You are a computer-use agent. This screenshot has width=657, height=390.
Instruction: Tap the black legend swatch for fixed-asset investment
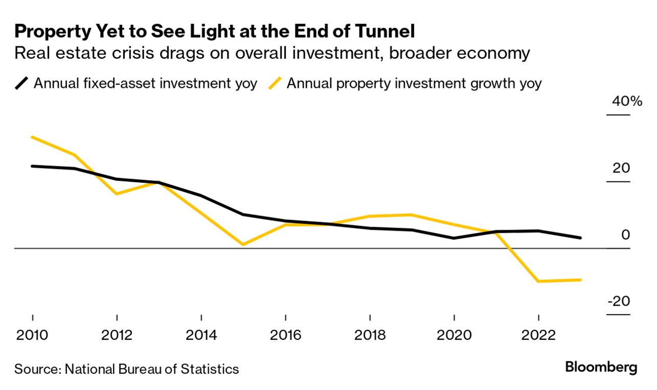point(21,83)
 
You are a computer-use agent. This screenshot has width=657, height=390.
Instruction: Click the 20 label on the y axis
point(622,168)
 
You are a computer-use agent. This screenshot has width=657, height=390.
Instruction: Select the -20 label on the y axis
point(619,301)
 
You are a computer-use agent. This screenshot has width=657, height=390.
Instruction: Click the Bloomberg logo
point(601,367)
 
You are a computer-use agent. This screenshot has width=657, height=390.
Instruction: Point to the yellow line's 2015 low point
point(243,245)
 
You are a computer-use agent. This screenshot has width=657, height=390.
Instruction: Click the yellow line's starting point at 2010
point(33,137)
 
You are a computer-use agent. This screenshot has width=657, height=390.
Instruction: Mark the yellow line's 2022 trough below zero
point(538,281)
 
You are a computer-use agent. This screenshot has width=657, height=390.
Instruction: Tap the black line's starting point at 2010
point(33,166)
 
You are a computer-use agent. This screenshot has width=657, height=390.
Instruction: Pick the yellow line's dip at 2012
point(117,194)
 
